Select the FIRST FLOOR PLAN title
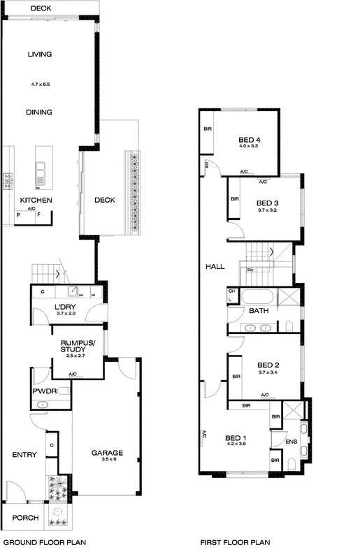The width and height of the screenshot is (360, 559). coord(235,542)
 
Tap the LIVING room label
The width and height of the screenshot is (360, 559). coord(41,54)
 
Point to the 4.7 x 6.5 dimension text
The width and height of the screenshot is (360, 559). coord(41,85)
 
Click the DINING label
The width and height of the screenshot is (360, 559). coord(40,112)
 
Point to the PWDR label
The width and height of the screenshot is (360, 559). coord(43,392)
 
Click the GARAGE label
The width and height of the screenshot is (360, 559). coord(108,453)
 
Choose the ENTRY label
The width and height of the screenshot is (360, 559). coord(24,455)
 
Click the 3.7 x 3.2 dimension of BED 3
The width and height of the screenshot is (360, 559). coord(268,210)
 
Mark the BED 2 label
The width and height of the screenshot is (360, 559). coord(268,365)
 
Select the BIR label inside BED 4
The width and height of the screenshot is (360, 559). coord(208,129)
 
